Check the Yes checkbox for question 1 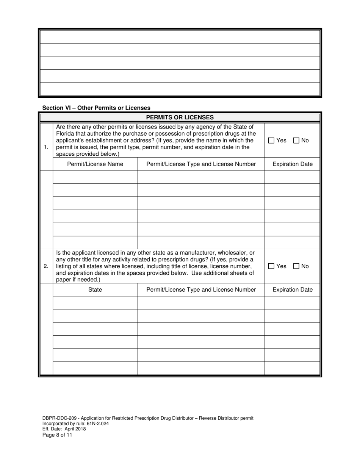[x=271, y=141]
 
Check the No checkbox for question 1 [x=296, y=141]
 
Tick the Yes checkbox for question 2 [x=271, y=266]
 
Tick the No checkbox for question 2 [x=296, y=266]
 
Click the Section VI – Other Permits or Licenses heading [x=96, y=108]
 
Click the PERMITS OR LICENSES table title [x=180, y=117]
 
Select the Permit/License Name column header [x=95, y=164]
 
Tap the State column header [x=95, y=290]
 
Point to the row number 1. [x=46, y=147]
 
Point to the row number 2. [x=46, y=266]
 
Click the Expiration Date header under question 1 [x=293, y=164]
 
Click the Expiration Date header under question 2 [x=293, y=290]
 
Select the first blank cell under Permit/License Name [x=95, y=177]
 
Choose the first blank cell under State [x=95, y=303]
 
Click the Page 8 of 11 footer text [x=57, y=435]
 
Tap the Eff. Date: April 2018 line [x=64, y=429]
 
